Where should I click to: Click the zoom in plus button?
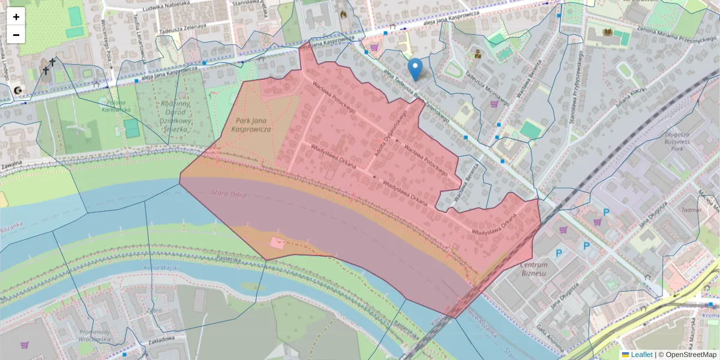click(16, 17)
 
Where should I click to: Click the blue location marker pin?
click(415, 68)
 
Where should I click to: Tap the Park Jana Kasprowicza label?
click(253, 125)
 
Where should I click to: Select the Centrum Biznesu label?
click(534, 269)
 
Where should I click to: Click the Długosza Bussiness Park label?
click(682, 142)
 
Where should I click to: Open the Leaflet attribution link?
click(641, 355)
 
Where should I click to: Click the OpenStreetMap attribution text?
click(690, 355)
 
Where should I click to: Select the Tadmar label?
click(691, 211)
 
